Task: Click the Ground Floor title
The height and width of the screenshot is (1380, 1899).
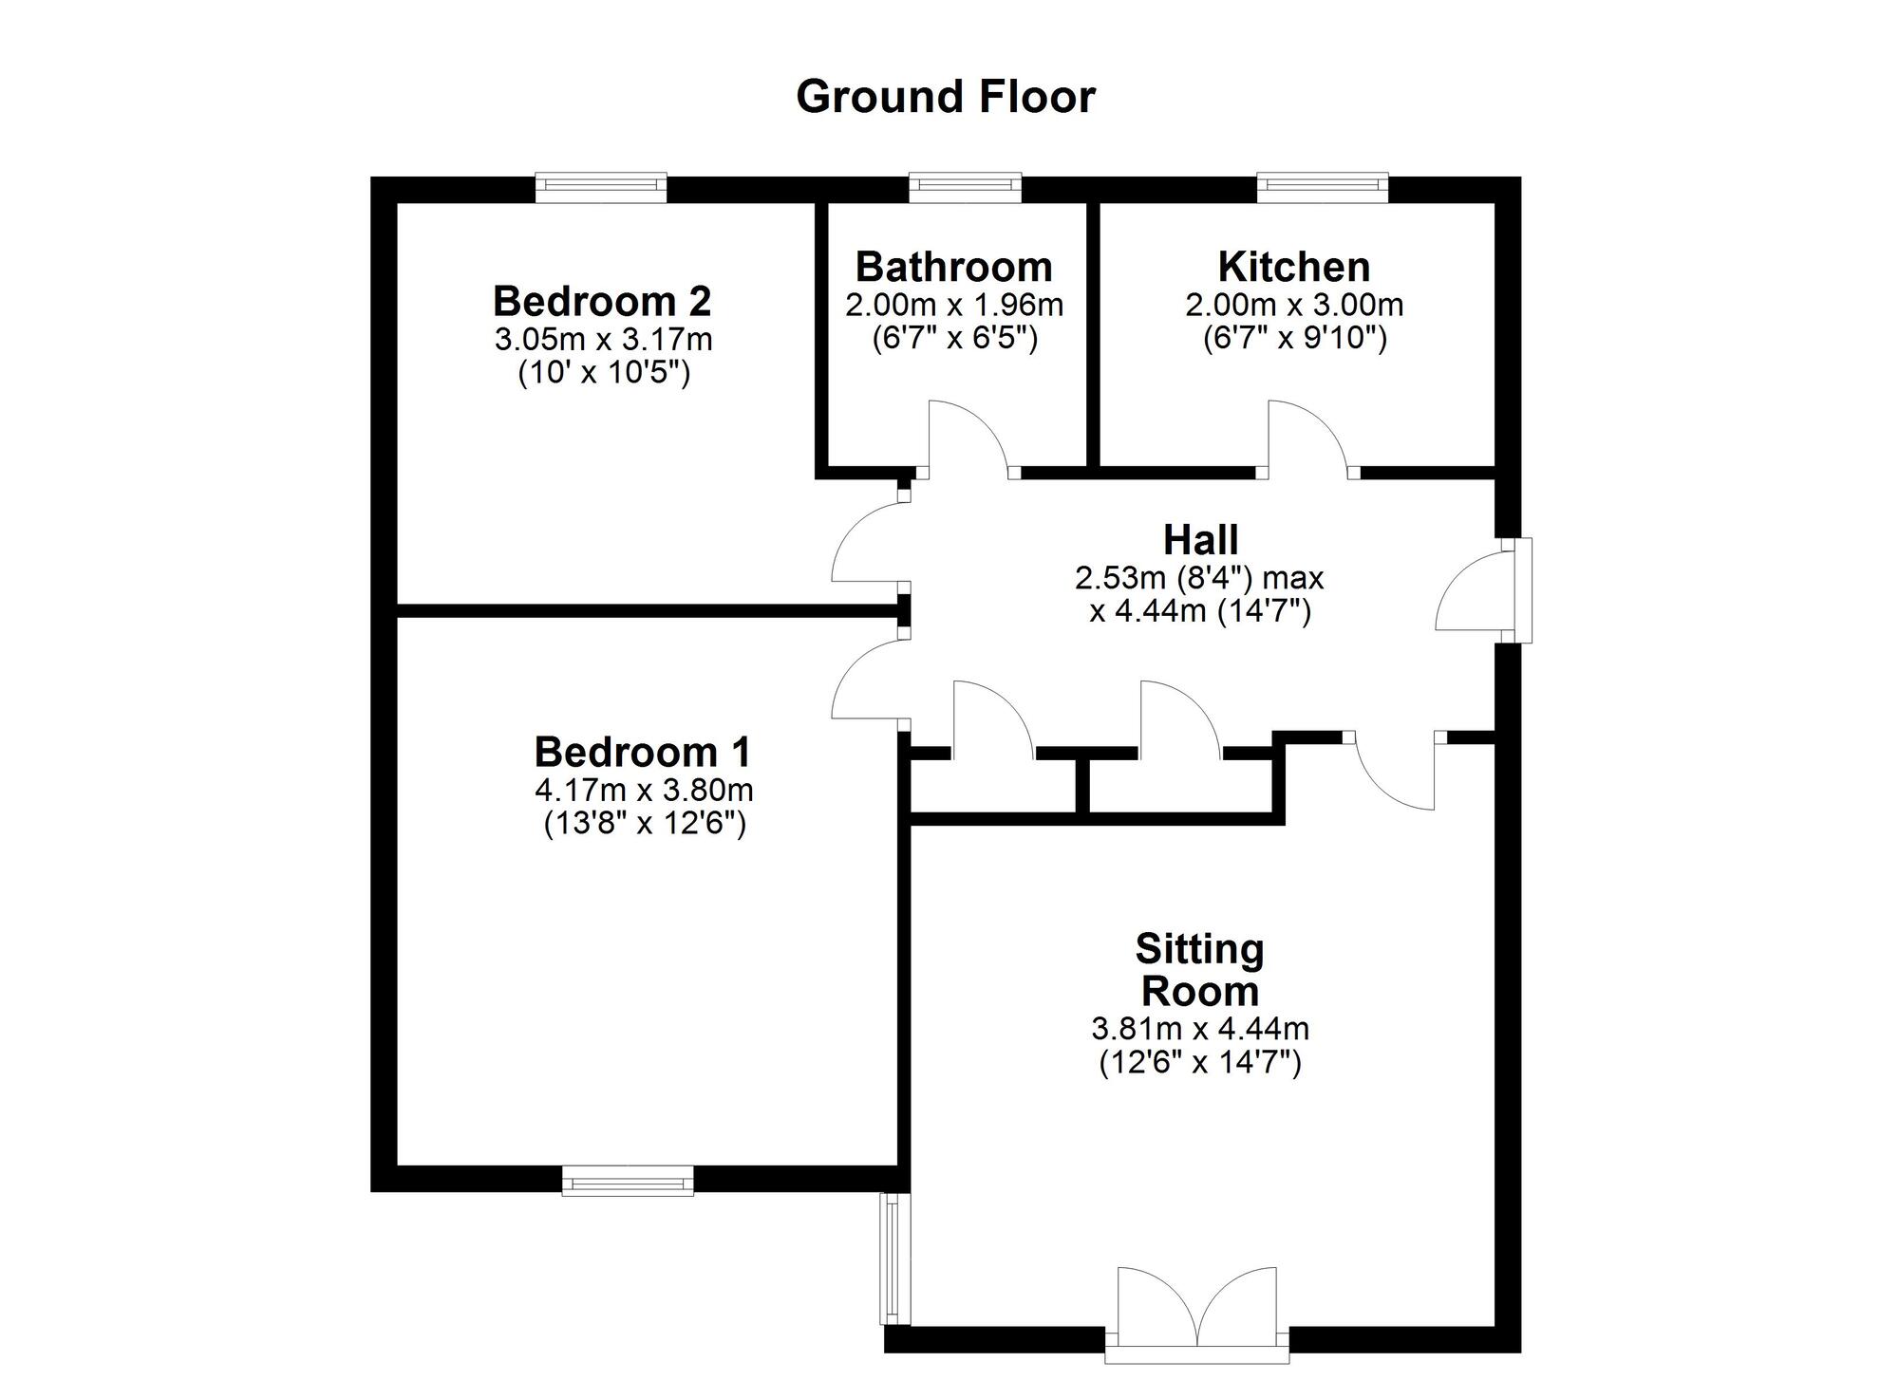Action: pos(946,97)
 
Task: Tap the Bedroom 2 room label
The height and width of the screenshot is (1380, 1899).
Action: pos(602,302)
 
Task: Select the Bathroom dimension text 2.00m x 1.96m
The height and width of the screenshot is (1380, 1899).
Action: pos(954,306)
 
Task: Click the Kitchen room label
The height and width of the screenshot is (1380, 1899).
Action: pos(1294,267)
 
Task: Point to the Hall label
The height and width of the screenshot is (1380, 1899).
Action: pos(1200,540)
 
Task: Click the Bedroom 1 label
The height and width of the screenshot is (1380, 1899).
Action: pos(643,752)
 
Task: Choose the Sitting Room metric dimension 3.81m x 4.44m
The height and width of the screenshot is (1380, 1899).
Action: pos(1200,1028)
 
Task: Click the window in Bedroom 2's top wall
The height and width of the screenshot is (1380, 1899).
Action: pos(601,188)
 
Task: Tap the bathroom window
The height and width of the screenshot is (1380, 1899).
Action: pos(965,188)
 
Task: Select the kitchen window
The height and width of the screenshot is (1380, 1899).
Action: pos(1323,188)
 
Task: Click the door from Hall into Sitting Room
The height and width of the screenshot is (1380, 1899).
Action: pos(1393,771)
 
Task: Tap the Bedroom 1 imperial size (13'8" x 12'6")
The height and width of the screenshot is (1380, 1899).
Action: pos(645,823)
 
